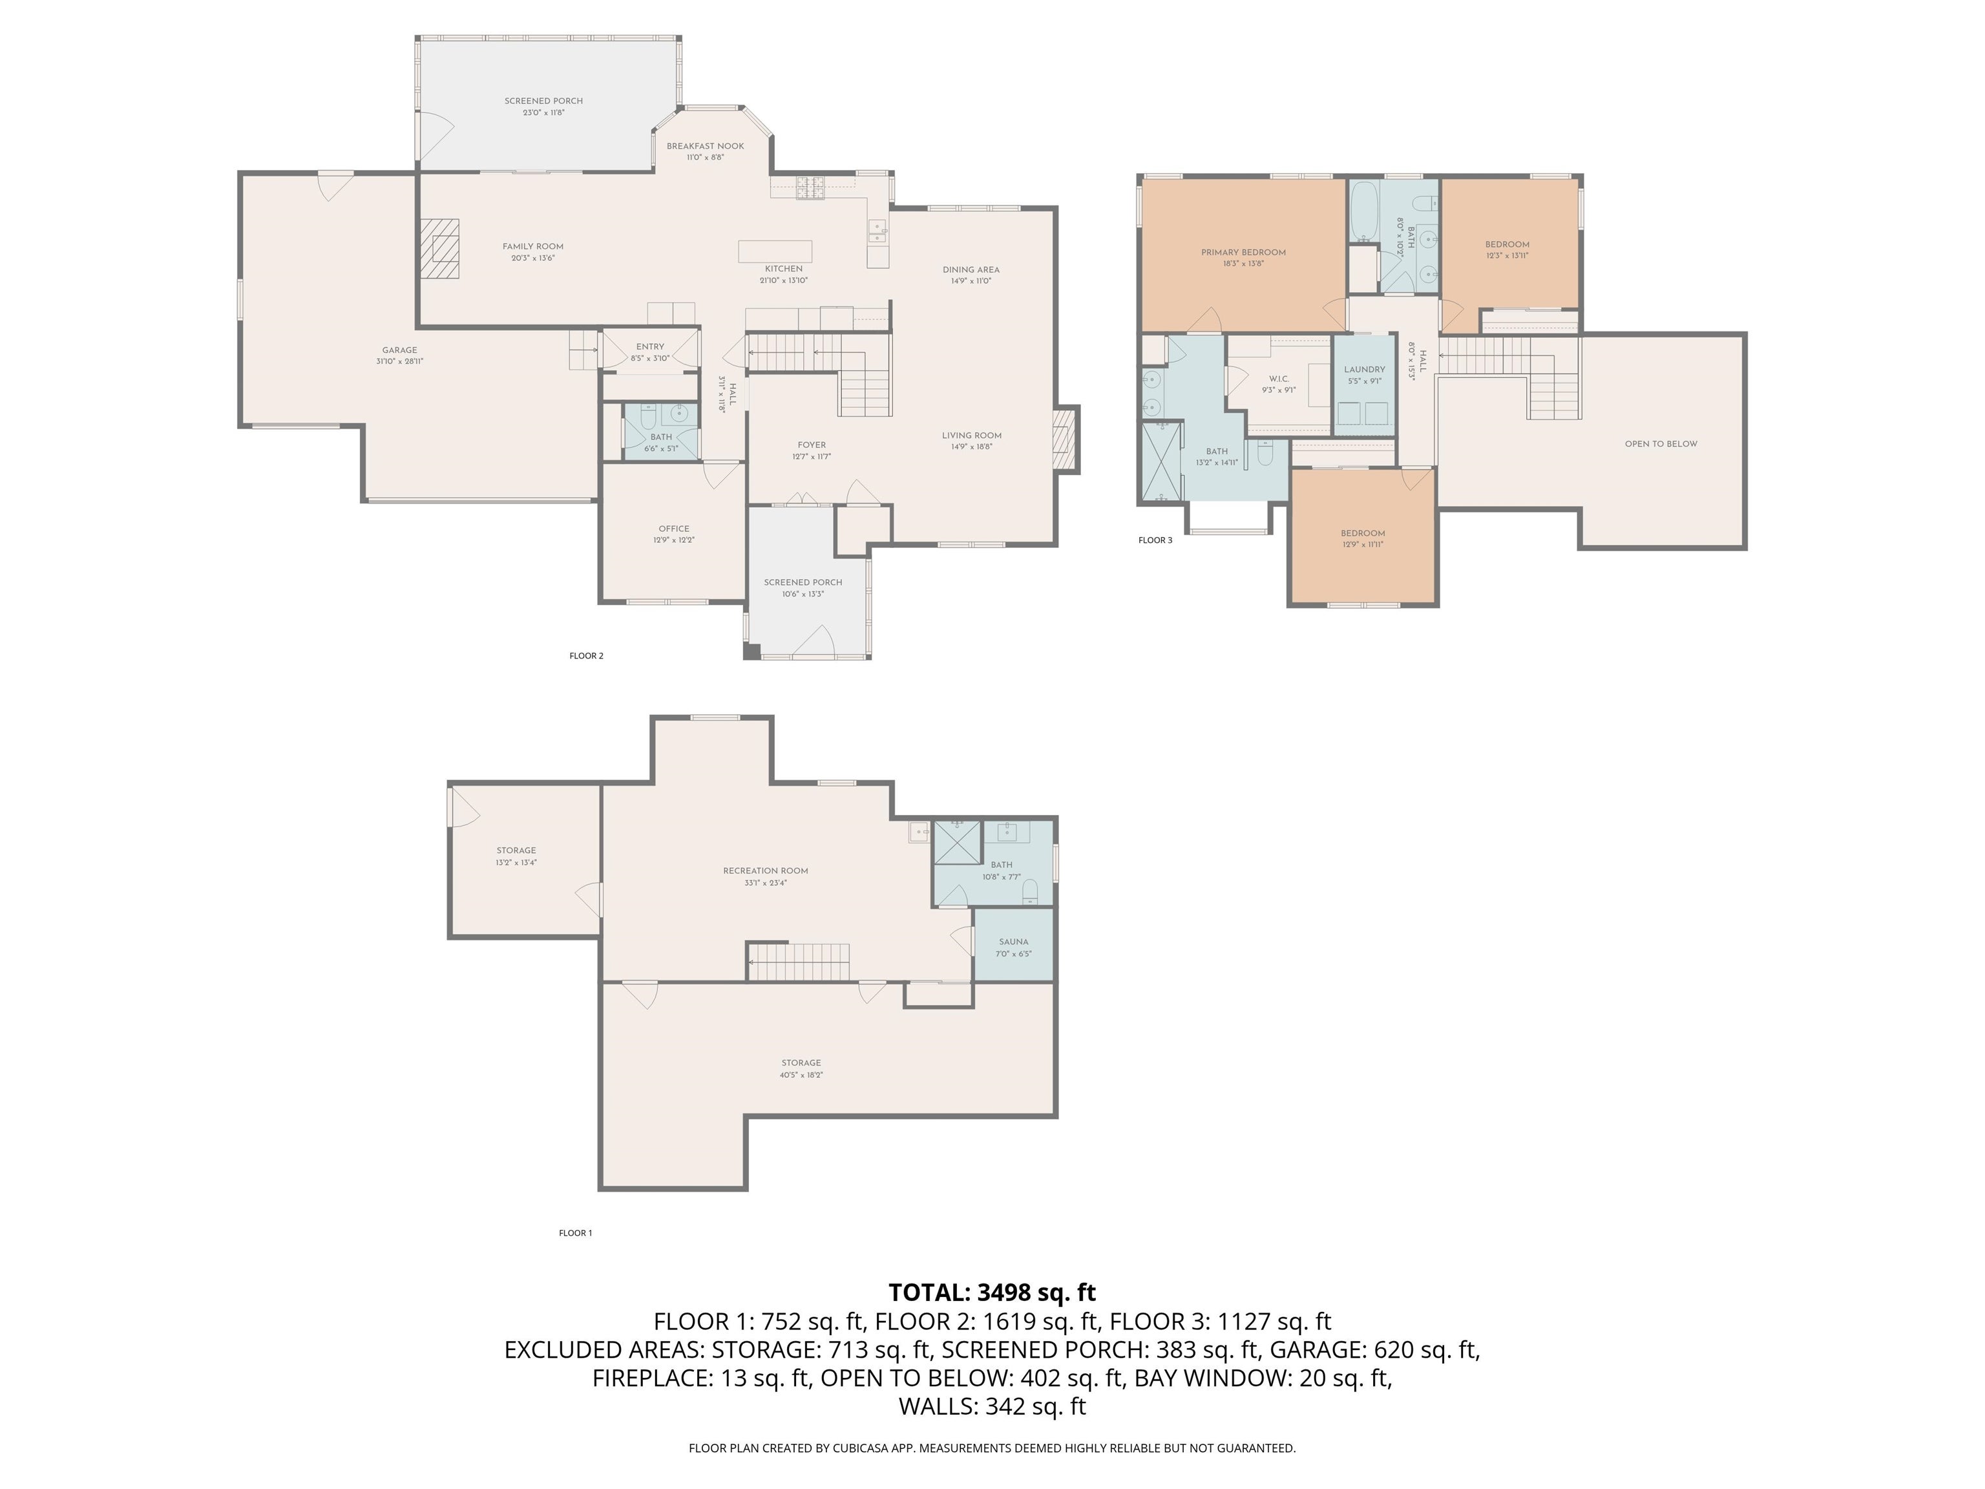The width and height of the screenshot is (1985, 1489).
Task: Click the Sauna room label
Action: [1013, 942]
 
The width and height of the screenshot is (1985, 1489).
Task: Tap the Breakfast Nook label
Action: [706, 146]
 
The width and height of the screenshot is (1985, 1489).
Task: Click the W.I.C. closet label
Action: [1279, 379]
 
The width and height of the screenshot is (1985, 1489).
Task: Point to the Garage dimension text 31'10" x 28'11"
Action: [399, 362]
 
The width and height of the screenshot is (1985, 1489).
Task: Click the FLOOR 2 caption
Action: [586, 656]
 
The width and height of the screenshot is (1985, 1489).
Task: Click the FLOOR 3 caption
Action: [1155, 540]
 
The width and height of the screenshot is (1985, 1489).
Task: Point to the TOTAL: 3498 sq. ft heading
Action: [992, 1293]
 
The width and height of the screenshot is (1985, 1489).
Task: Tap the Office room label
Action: [674, 529]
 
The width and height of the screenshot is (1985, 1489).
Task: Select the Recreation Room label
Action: [766, 871]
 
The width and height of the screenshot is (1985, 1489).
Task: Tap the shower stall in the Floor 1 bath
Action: [958, 842]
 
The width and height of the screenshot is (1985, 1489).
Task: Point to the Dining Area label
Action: [971, 269]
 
